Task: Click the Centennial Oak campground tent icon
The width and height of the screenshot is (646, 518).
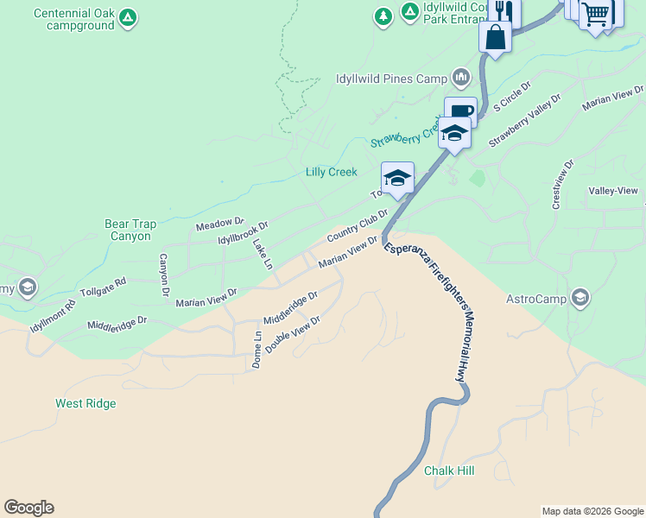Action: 127,17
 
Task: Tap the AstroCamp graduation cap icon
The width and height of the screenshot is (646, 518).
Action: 580,299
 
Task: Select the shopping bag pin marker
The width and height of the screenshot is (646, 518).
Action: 496,37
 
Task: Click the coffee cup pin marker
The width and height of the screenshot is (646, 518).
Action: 460,112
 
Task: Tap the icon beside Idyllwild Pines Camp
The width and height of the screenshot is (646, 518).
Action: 461,79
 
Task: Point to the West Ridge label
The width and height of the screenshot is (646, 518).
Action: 85,403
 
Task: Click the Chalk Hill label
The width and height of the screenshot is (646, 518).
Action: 449,471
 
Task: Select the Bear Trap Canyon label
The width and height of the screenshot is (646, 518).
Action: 131,230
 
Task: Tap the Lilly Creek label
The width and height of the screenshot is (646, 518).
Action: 332,172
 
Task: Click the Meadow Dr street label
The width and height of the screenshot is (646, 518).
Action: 220,224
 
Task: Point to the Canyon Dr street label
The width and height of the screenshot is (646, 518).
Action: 162,276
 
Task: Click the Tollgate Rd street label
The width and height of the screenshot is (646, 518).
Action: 103,287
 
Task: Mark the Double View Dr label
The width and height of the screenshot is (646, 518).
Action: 293,333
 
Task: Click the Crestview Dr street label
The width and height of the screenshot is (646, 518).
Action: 562,184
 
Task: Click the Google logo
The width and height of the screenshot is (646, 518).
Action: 28,508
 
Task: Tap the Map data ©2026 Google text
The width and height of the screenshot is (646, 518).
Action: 592,511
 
